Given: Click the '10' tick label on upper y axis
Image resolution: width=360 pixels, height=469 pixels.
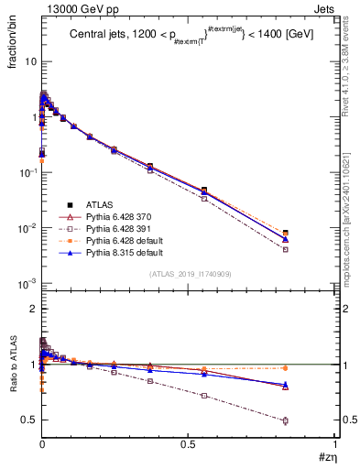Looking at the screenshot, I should [27, 61].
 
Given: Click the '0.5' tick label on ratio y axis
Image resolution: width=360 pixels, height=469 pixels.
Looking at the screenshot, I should [27, 420].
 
